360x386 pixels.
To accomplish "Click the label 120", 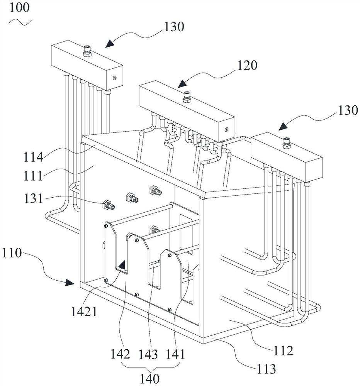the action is (247, 66).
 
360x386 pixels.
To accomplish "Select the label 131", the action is (34, 198).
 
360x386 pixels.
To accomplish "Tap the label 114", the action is (33, 157).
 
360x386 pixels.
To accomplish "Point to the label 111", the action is (33, 176).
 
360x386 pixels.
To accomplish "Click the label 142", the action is (120, 354).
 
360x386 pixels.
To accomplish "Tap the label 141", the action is (175, 354).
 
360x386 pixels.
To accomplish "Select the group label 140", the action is (149, 378).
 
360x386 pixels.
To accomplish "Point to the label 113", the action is (266, 369).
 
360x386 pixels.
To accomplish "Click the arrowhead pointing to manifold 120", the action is (182, 84).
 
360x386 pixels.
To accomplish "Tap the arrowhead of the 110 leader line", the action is (70, 283).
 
